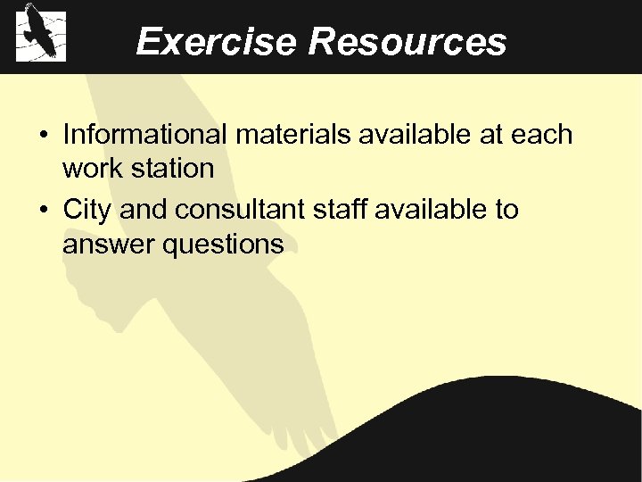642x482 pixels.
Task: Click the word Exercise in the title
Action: pyautogui.click(x=216, y=41)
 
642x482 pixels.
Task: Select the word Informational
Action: pyautogui.click(x=145, y=135)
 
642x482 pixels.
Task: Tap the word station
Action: pyautogui.click(x=172, y=168)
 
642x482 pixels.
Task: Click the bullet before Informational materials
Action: pyautogui.click(x=43, y=136)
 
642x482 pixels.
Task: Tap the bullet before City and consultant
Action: pyautogui.click(x=43, y=211)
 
